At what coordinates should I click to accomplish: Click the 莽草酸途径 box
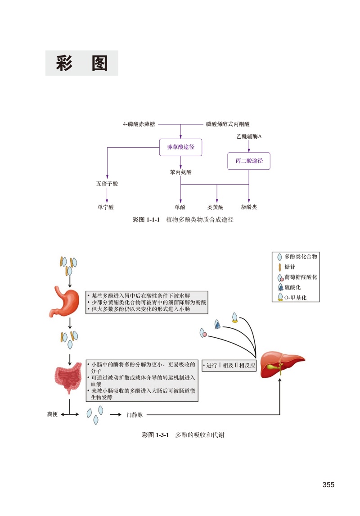(180, 147)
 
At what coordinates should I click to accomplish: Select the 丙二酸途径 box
(249, 161)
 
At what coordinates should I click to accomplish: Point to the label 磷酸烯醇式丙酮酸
(227, 124)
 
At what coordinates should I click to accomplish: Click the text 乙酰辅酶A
(249, 136)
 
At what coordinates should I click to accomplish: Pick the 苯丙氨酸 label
(180, 172)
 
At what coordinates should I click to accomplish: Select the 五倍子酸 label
(107, 184)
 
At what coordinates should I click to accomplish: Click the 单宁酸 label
(106, 208)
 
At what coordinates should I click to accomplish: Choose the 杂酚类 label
(249, 208)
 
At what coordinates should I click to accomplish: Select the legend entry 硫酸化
(292, 287)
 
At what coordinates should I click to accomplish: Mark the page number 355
(328, 485)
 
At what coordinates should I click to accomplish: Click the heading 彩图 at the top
(82, 63)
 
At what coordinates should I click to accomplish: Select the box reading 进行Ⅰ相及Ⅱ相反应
(229, 366)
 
